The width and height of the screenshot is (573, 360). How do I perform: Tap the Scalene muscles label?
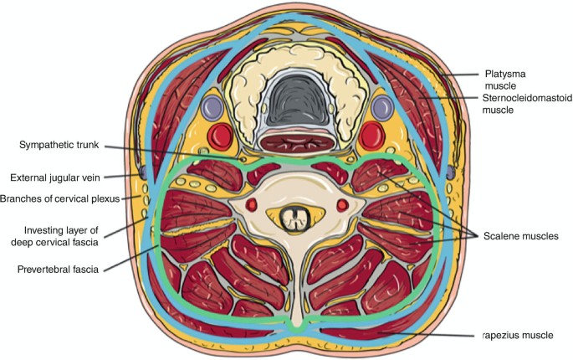click(x=520, y=237)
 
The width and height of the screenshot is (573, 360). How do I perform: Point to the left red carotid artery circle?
click(x=219, y=133)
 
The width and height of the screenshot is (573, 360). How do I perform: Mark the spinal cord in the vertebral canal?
click(x=293, y=219)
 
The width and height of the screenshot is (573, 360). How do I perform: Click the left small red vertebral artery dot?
click(x=247, y=205)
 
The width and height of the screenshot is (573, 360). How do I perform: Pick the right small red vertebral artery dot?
click(x=341, y=205)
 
